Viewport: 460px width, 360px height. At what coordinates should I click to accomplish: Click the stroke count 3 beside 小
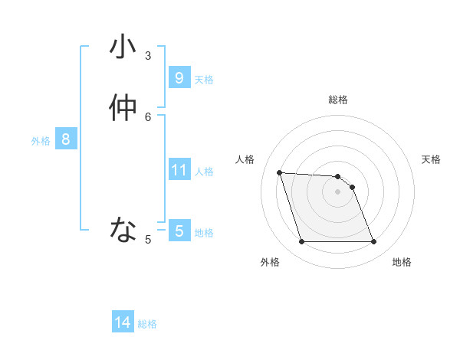click(x=149, y=56)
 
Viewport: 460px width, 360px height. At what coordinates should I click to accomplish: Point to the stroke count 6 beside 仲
click(x=149, y=116)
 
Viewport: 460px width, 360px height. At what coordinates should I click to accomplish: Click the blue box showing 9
click(x=179, y=78)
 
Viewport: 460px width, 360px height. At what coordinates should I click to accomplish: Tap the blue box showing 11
click(x=179, y=170)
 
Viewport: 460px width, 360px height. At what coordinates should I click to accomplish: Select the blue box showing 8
click(x=66, y=139)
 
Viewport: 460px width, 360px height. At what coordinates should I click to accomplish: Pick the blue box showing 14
click(x=123, y=322)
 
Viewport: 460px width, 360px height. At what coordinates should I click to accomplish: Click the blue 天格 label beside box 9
click(x=204, y=80)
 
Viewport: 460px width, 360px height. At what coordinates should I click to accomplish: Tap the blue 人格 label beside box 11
click(x=204, y=172)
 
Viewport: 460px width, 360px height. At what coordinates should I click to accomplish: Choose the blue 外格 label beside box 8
click(x=41, y=141)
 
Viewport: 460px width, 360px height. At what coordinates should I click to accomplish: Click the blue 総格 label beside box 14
click(x=147, y=324)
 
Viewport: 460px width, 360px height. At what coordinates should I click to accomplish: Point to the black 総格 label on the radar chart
click(x=338, y=100)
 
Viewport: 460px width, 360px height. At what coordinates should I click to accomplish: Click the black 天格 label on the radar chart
click(x=431, y=159)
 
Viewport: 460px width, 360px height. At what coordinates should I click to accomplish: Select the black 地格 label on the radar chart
click(x=402, y=262)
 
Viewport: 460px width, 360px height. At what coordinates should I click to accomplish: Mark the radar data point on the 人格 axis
click(x=279, y=172)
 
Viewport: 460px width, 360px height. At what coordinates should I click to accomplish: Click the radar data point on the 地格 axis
click(x=373, y=242)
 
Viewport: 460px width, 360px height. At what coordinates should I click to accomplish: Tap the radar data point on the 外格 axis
click(x=301, y=242)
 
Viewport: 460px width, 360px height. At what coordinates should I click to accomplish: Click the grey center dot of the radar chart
click(x=337, y=191)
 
